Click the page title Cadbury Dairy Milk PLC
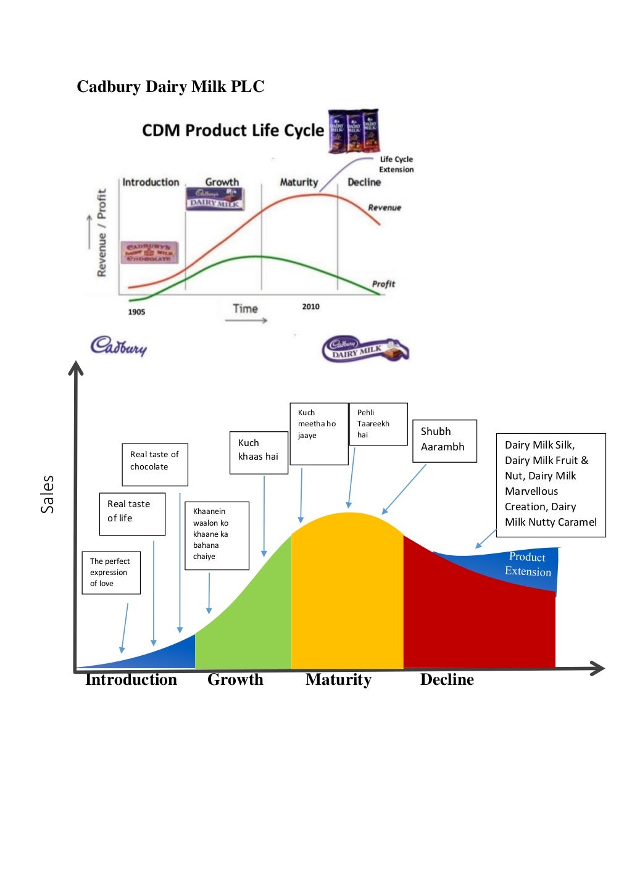pos(170,86)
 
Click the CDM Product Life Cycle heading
pos(233,131)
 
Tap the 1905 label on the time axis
pos(136,312)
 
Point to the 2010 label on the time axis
pos(310,307)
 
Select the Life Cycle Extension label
pos(396,164)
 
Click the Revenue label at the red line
pos(385,208)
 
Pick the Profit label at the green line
pos(383,284)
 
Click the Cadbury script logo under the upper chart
pos(118,346)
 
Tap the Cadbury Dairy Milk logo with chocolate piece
pos(365,350)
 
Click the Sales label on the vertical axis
pos(48,494)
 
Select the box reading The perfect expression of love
pos(111,573)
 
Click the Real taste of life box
pos(132,513)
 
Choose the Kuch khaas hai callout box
pos(259,452)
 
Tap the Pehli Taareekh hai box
pos(378,424)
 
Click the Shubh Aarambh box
pos(444,441)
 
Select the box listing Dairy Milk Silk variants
pos(551,485)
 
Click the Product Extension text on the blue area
pos(528,564)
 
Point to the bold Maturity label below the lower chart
pos(338,679)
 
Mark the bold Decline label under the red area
pos(447,679)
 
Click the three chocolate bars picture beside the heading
pos(354,131)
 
